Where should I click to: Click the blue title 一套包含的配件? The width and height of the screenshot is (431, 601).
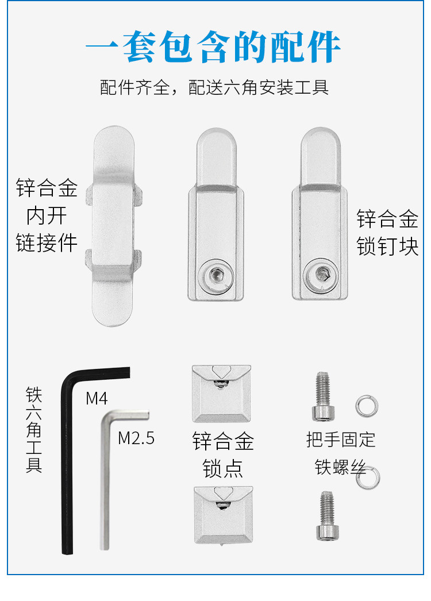pos(214,47)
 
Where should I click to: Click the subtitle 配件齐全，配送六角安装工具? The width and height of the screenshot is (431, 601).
pos(214,88)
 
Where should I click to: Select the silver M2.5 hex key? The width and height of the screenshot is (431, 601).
pos(105,483)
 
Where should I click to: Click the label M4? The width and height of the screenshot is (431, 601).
pos(97,398)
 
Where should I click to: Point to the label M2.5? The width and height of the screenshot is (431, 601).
pos(136,438)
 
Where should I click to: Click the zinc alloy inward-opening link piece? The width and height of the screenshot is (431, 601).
pos(114,226)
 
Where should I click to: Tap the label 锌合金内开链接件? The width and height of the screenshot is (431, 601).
pos(47,215)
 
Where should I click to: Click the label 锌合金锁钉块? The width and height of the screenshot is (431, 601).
pos(387,233)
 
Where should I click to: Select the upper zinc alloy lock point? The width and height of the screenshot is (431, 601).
pos(221,392)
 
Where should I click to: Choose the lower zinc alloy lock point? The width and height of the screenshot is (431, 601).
pos(223,514)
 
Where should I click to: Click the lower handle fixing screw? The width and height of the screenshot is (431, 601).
pos(326,515)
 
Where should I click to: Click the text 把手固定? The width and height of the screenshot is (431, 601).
pos(341,440)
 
